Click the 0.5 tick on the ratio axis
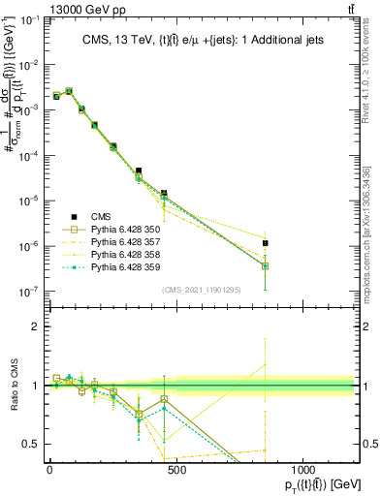[29, 444]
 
